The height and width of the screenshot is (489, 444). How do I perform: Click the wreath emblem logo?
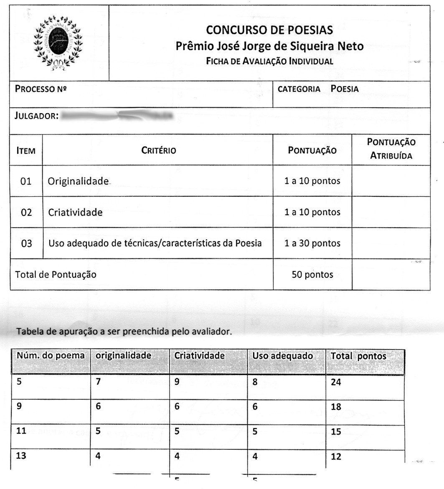coord(59,43)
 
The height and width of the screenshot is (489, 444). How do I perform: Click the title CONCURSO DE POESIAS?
coord(269,30)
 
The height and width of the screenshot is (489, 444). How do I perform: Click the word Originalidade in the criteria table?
coord(78,181)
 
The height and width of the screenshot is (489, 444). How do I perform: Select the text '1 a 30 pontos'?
coord(312,243)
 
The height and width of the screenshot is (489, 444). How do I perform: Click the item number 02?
coord(26,212)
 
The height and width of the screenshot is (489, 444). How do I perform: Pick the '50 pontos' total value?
coord(312,274)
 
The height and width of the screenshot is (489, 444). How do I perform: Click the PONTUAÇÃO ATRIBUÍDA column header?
coord(391,149)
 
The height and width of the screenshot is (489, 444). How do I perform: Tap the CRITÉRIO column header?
coord(158,151)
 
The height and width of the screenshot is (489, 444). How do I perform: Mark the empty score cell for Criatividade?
coord(391,212)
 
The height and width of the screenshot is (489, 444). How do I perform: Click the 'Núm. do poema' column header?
coord(51,356)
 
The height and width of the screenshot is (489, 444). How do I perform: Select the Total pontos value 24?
coord(336,382)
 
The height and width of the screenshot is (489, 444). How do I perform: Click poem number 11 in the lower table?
coord(21,431)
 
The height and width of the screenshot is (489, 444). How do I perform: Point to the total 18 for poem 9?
coord(336,407)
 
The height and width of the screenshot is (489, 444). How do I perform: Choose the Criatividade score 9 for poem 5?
coord(177,381)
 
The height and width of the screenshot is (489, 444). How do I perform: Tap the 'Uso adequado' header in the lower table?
coord(282,356)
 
